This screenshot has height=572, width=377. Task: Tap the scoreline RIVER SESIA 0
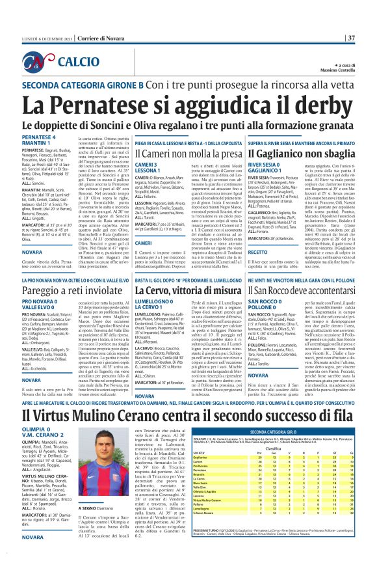[x=267, y=166]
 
